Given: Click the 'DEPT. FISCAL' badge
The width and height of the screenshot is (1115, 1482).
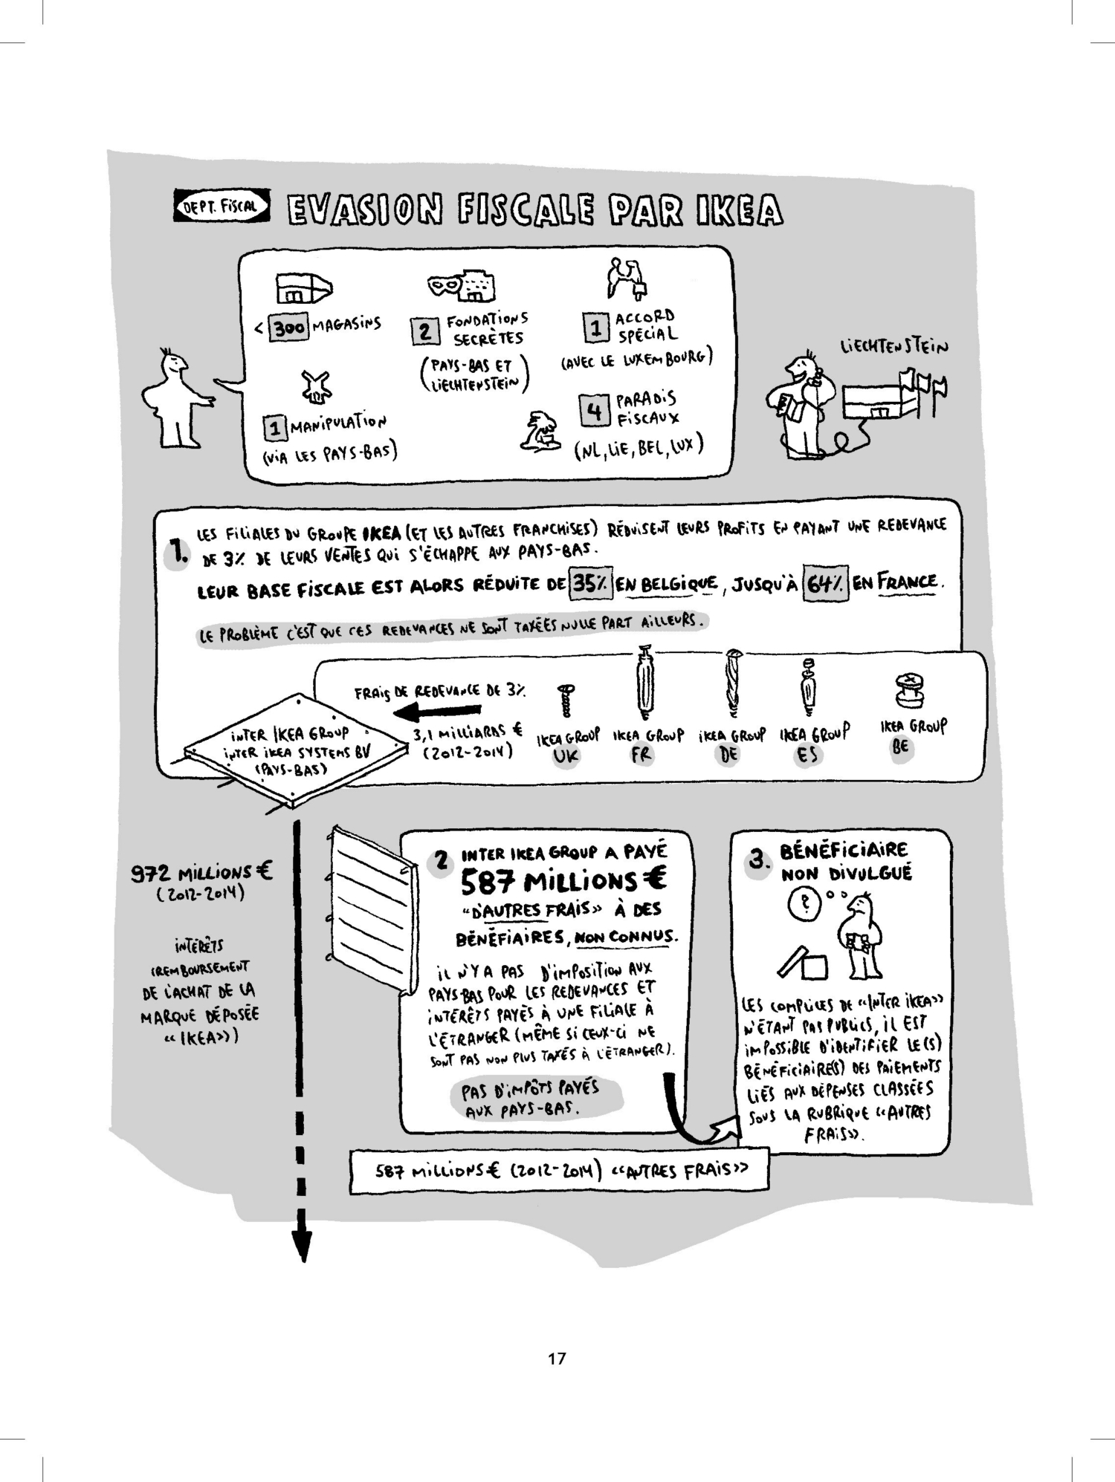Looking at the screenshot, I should (222, 206).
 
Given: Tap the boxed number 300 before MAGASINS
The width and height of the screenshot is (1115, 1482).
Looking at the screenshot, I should (288, 328).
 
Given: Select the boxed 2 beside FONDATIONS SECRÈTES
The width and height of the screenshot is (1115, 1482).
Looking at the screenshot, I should (425, 331).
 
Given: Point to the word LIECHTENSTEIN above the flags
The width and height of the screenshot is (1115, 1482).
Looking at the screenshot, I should (894, 347).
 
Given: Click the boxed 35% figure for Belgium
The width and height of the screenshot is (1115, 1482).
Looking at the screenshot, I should (591, 584).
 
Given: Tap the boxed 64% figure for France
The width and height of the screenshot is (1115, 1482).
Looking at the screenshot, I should (825, 584).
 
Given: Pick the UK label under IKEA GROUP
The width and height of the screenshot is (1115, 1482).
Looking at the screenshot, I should (566, 756).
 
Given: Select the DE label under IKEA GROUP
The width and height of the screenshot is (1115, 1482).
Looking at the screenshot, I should (729, 755).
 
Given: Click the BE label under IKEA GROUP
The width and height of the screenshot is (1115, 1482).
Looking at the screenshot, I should (900, 747).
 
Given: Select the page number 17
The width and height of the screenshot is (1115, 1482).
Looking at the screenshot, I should (557, 1357).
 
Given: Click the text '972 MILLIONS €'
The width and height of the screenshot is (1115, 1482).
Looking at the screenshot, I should (201, 872).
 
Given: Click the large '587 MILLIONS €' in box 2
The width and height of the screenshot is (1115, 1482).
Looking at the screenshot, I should (563, 882).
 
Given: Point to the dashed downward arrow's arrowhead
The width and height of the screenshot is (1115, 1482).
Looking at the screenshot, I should (302, 1246).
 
